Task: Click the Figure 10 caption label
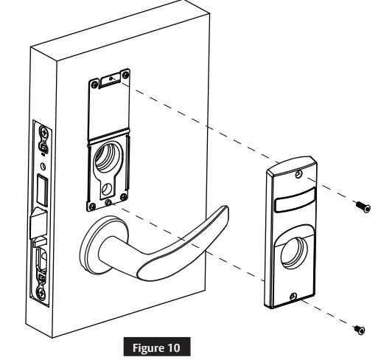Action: point(156,347)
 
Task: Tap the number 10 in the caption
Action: point(174,347)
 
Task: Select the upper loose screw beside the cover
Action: point(363,206)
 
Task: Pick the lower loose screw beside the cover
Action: point(359,330)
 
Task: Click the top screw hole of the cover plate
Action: point(298,174)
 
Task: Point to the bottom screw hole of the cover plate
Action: point(293,297)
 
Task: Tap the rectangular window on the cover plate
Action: point(295,199)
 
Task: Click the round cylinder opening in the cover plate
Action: point(294,252)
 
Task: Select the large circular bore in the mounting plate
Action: point(108,157)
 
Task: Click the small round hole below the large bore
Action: point(107,189)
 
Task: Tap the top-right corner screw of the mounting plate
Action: point(125,75)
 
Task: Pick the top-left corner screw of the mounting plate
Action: point(94,85)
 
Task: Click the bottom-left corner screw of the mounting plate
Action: point(93,207)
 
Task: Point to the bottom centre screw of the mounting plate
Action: point(108,203)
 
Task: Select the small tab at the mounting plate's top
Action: point(111,80)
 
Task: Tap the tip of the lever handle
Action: point(226,209)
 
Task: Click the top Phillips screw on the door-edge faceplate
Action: point(44,133)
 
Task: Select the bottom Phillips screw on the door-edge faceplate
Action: point(41,292)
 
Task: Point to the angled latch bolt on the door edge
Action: point(38,224)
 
